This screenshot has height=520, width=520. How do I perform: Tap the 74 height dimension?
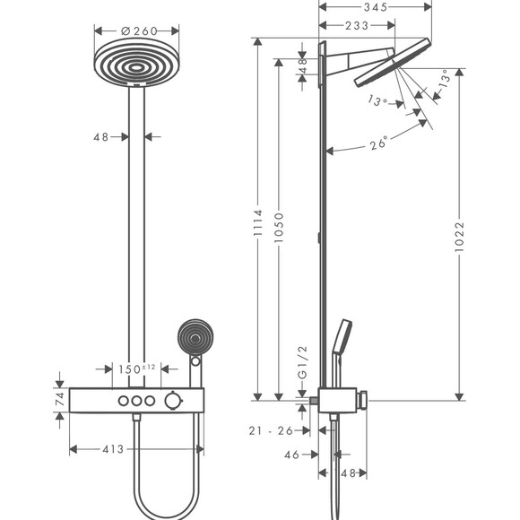pos(59,399)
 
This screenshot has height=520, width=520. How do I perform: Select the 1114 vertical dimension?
pos(257,220)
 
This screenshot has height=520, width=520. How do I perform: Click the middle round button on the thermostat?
pos(137,400)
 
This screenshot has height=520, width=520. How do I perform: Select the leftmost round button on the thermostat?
pos(119,400)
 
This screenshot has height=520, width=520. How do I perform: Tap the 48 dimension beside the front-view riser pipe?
pos(100,137)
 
